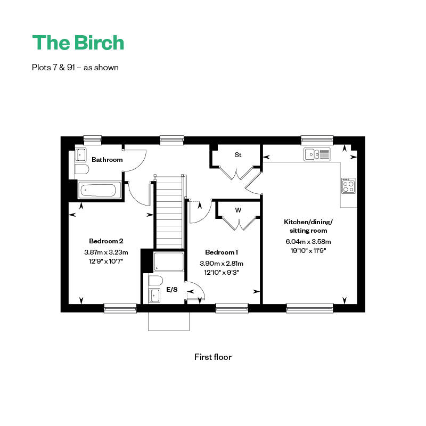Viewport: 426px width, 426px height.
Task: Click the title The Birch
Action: tap(78, 43)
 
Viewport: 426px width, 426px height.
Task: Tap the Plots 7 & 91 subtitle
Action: tap(75, 68)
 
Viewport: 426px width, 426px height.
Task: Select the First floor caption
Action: tap(213, 357)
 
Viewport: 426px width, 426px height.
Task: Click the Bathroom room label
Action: tap(107, 159)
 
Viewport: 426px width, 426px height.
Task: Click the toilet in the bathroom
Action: tap(82, 169)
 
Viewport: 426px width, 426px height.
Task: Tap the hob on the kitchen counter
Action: tap(348, 185)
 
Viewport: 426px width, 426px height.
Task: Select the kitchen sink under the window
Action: tap(317, 154)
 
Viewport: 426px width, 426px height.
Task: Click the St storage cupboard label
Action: tap(238, 155)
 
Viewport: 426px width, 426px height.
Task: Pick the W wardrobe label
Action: tap(238, 210)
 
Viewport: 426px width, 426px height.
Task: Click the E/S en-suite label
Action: tap(172, 290)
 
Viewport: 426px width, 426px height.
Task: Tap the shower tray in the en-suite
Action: tap(169, 261)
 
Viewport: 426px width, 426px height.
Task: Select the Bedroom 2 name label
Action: tap(106, 241)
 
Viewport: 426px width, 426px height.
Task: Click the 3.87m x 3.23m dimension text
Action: tap(106, 252)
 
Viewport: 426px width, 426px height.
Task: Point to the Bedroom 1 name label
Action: tap(222, 252)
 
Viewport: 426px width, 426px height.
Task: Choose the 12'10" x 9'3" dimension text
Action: tap(222, 272)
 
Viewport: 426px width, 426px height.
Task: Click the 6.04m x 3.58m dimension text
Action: tap(308, 242)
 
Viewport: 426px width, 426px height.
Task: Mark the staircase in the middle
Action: tap(169, 212)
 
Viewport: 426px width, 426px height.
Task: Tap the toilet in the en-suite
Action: tap(155, 281)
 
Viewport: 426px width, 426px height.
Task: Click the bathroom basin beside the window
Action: tap(80, 155)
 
